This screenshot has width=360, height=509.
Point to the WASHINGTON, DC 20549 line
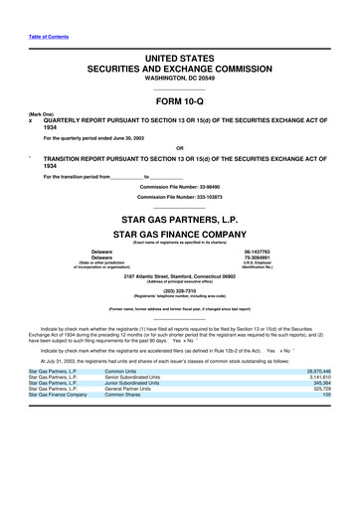[180, 75]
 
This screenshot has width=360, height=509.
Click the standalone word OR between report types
[180, 150]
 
